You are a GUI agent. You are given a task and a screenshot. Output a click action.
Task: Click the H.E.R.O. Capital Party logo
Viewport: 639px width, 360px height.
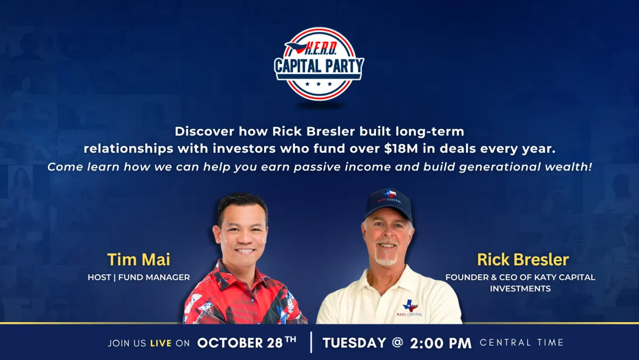(319, 64)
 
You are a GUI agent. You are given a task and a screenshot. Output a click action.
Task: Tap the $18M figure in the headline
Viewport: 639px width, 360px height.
(401, 149)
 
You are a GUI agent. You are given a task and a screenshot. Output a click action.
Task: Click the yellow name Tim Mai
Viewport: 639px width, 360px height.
(138, 259)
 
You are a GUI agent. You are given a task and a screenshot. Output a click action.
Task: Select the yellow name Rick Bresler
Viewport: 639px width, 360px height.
(523, 259)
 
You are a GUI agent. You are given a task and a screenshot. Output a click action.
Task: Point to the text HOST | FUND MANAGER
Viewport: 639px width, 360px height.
(138, 277)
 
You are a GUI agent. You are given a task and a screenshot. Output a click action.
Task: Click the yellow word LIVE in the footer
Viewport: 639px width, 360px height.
(161, 343)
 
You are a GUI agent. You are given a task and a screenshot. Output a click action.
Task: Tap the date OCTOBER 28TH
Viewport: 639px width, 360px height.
(247, 342)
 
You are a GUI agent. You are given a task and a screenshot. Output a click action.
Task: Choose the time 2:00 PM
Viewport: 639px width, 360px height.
(441, 343)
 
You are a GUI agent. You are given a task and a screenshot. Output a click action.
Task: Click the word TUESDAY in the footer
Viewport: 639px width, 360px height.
(354, 343)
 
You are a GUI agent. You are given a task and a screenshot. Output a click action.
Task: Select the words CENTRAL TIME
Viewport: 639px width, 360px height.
(521, 342)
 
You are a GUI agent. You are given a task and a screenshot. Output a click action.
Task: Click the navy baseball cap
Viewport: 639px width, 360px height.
(389, 204)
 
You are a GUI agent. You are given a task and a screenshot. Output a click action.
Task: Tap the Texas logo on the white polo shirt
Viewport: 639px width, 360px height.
(410, 307)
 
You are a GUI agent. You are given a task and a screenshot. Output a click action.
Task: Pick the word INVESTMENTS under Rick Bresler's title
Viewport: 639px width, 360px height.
(520, 289)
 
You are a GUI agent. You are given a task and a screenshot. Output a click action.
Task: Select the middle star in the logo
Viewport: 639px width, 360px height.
(318, 84)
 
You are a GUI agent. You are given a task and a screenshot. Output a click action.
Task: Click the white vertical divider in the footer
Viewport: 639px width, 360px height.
(311, 342)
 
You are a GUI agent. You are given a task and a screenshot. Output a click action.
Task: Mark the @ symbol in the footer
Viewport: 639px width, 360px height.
(398, 342)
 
